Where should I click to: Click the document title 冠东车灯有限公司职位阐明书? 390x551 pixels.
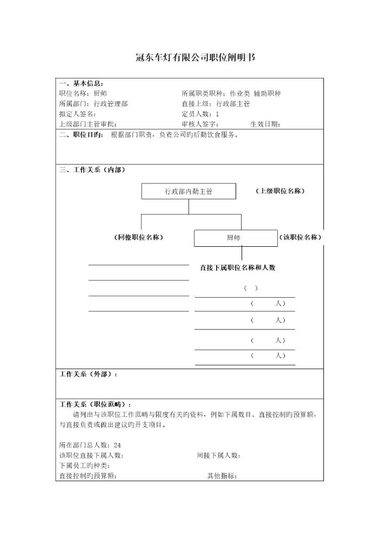click(x=194, y=57)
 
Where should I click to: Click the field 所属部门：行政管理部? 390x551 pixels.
click(x=93, y=103)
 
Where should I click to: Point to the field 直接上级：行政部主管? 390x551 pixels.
click(x=216, y=103)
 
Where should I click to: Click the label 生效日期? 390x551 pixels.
click(x=265, y=124)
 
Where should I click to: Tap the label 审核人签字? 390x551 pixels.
click(x=200, y=124)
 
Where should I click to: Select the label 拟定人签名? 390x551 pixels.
click(x=77, y=114)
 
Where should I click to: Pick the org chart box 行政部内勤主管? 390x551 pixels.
click(x=188, y=192)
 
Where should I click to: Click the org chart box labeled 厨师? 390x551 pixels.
click(x=235, y=238)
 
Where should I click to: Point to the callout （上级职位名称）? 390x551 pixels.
click(x=279, y=191)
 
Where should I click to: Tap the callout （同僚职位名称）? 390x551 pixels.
click(x=139, y=238)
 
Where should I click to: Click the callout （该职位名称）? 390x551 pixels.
click(x=300, y=238)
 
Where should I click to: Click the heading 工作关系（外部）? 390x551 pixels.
click(x=88, y=374)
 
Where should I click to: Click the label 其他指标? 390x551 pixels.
click(x=222, y=476)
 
